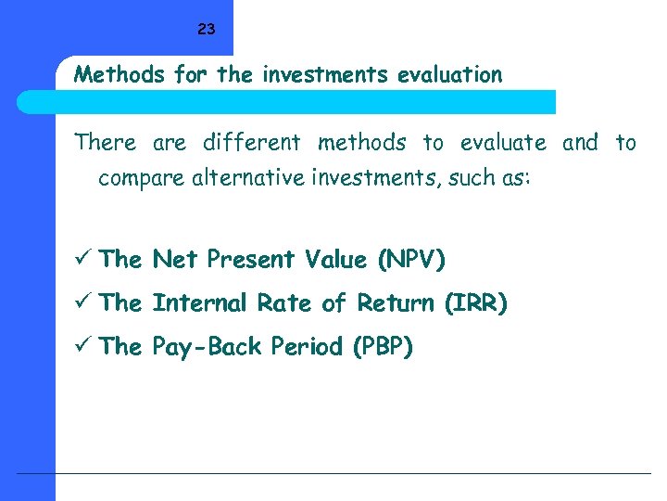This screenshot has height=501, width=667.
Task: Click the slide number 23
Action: (206, 30)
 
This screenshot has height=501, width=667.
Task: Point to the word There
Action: (105, 143)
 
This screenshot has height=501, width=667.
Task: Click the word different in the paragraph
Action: (251, 143)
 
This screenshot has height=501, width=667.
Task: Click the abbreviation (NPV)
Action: (410, 260)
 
